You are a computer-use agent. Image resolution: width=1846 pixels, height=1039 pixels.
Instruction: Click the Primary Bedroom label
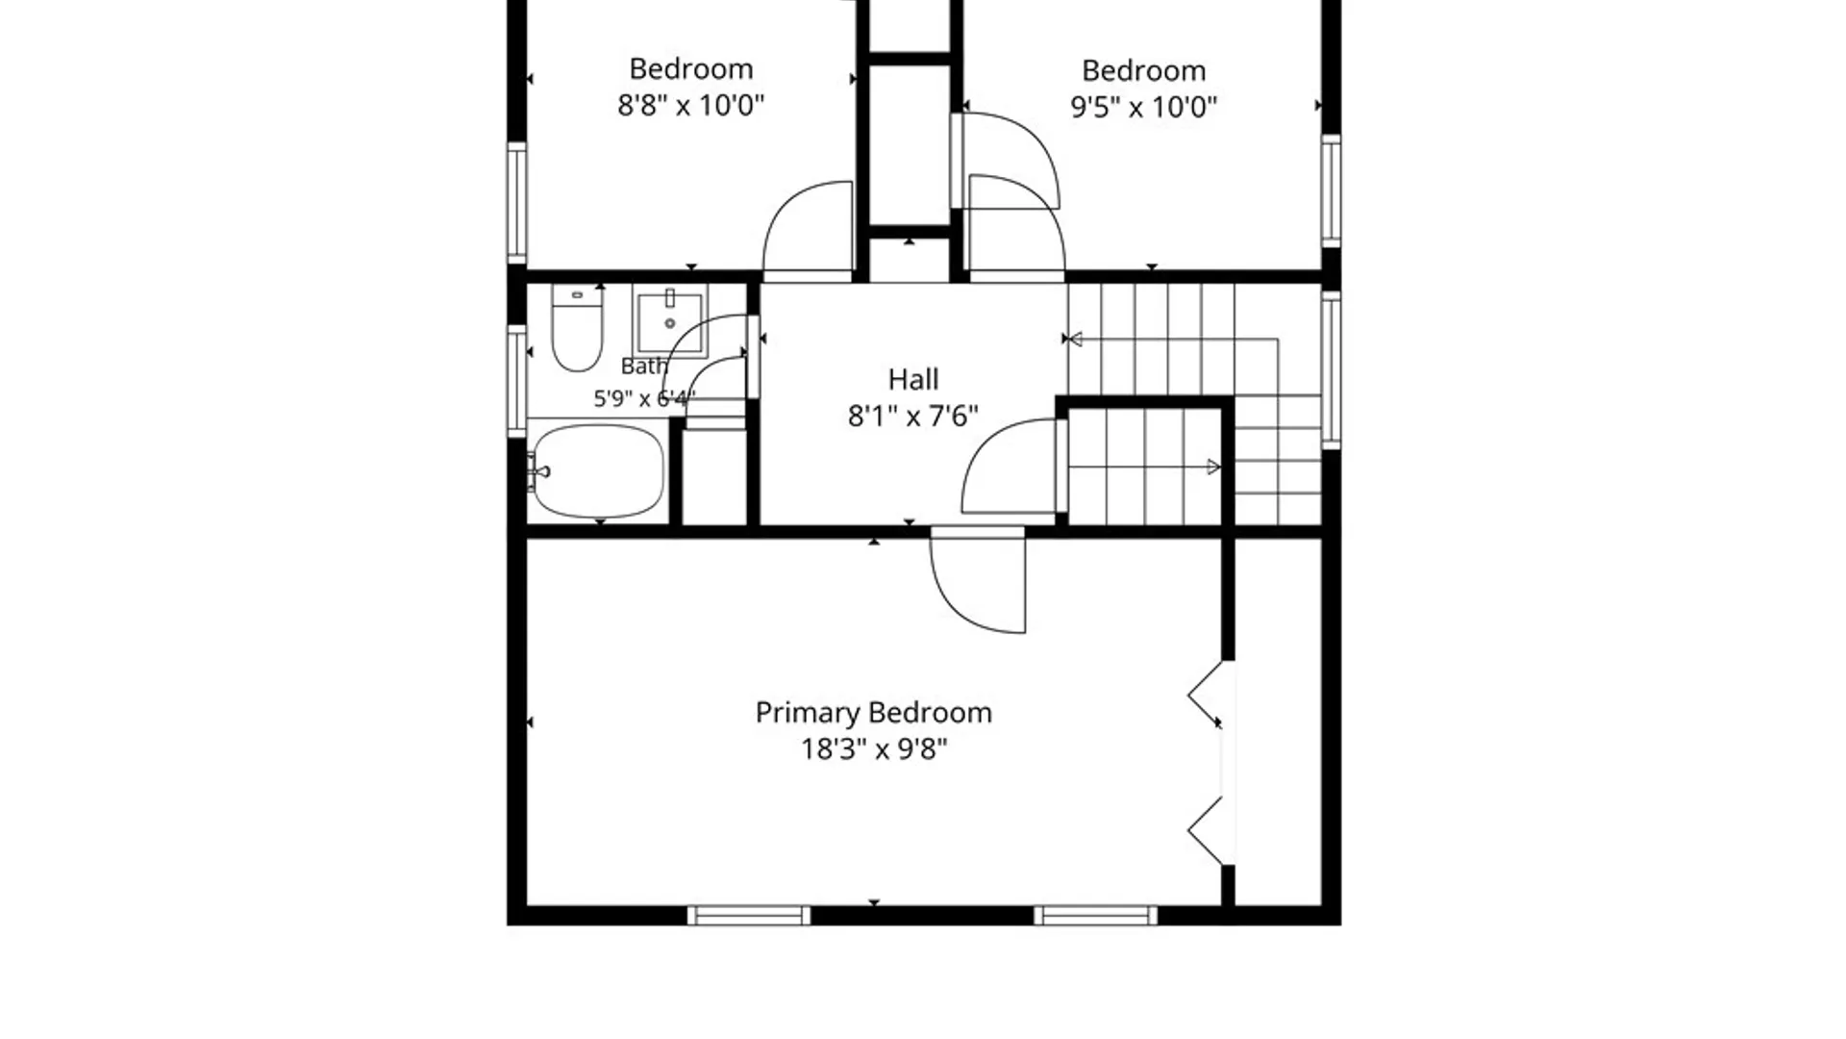873,713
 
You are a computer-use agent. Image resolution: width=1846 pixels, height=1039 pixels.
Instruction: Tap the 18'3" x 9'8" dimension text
874,748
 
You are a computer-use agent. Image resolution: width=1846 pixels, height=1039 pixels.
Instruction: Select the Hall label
913,379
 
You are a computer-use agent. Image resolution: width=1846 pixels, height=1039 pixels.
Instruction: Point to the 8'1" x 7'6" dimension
913,416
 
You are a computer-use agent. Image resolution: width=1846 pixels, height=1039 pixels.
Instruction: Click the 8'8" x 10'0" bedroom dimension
690,105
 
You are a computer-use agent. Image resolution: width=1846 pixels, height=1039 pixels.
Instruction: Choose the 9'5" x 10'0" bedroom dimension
1144,106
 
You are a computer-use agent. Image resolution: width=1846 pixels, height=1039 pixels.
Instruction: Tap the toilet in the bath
577,328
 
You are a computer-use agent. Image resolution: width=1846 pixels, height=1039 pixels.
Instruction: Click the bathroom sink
669,320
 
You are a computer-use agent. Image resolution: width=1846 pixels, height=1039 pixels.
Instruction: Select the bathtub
597,471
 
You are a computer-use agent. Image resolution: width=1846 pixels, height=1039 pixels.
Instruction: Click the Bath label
644,367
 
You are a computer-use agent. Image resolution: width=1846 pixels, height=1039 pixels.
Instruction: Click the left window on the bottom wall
749,915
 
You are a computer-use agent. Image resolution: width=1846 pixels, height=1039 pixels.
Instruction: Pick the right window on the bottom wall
1096,915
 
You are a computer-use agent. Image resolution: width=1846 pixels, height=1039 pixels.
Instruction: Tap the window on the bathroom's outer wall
517,382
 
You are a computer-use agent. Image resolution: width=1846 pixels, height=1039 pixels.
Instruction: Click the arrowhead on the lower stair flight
1213,467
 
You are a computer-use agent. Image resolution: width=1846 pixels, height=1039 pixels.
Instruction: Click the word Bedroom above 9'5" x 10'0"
1144,70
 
